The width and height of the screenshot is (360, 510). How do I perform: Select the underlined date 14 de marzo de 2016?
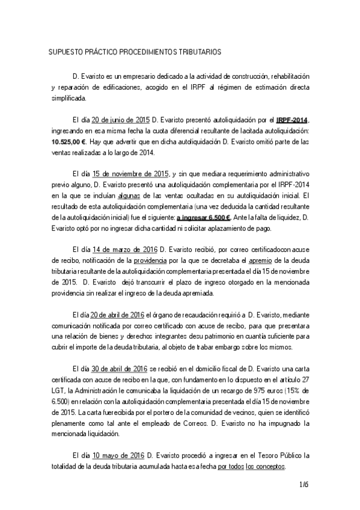125,249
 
